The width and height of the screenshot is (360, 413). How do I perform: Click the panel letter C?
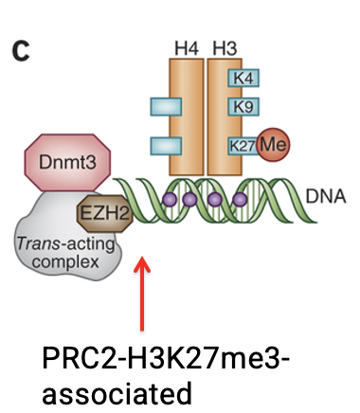click(21, 53)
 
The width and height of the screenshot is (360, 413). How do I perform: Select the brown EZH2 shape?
click(102, 203)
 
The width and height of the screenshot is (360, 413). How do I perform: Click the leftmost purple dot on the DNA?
click(170, 200)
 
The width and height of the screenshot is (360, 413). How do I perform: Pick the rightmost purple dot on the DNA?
click(241, 200)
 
